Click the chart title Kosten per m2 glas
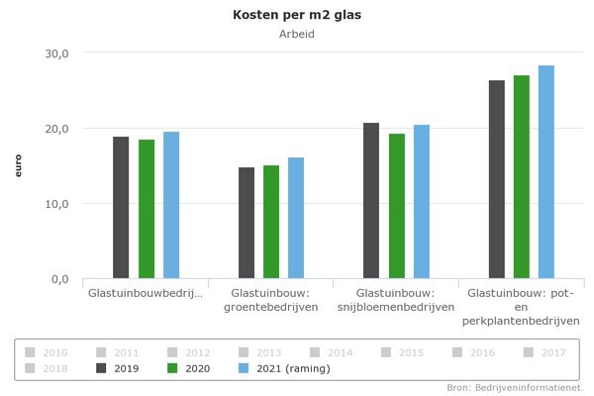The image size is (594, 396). click(296, 15)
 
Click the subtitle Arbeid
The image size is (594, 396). click(296, 35)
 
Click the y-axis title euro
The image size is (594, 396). click(18, 165)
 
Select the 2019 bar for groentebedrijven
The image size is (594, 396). click(246, 223)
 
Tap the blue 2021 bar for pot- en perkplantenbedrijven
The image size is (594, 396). click(546, 172)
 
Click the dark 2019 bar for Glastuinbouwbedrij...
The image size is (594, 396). click(121, 208)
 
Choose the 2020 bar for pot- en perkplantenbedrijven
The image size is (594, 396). click(522, 177)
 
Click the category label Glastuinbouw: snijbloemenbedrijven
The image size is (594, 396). click(396, 300)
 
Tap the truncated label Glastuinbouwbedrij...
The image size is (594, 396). click(146, 294)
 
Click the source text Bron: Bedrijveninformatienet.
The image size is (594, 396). click(514, 387)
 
